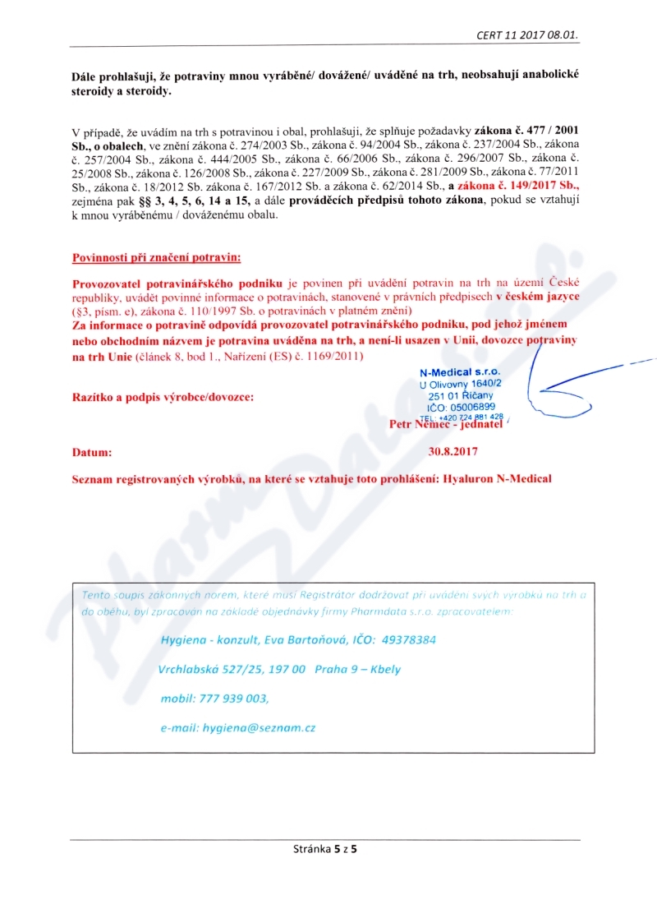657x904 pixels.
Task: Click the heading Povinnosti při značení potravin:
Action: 157,257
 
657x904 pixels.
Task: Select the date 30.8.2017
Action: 453,451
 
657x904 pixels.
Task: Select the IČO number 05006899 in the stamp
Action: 472,406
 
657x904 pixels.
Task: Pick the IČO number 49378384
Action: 408,639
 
